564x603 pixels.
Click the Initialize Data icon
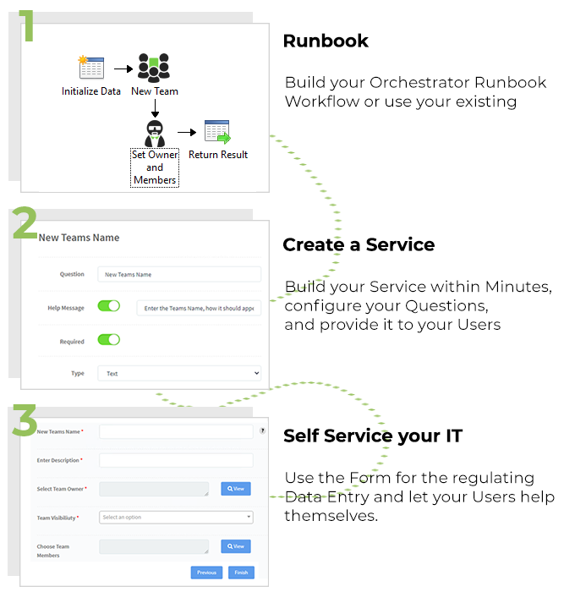(90, 68)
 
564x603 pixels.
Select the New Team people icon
(154, 67)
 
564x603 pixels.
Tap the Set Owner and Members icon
(155, 133)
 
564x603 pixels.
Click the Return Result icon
(217, 132)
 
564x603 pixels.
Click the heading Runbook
(326, 41)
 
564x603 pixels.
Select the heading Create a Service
(359, 244)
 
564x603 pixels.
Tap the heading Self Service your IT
(373, 436)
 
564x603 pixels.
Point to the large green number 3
(25, 420)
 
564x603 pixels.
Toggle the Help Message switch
(109, 306)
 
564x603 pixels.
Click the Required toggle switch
(109, 339)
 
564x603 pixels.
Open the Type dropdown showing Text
(179, 373)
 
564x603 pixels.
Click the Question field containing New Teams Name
(179, 274)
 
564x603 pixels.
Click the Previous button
(207, 573)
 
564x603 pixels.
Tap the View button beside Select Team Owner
(236, 488)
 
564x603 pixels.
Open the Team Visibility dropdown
(177, 517)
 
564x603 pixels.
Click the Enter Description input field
(176, 460)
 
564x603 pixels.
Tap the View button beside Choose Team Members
(236, 546)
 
